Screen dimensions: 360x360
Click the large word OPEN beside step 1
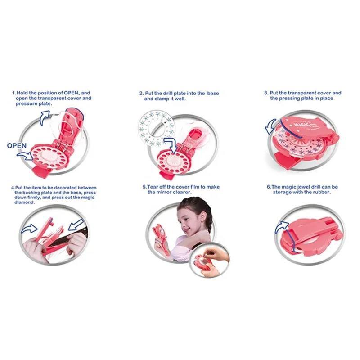(x=17, y=145)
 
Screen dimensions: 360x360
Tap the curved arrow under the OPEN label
(x=25, y=156)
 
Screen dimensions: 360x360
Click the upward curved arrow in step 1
(x=45, y=117)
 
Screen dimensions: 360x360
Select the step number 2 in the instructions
(x=141, y=94)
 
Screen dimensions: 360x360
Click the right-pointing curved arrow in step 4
(x=29, y=229)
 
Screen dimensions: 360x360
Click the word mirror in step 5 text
(x=162, y=192)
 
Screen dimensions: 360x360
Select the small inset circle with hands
(x=209, y=260)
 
